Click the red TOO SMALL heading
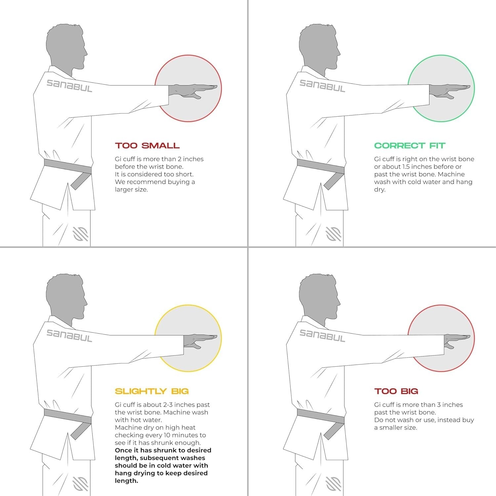147,145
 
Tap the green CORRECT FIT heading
409,145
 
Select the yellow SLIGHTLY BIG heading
151,391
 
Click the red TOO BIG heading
396,391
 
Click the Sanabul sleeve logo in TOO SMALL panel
69,86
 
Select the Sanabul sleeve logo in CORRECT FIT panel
322,86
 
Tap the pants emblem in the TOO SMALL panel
81,234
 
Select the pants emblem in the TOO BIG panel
334,484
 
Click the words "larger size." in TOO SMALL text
131,190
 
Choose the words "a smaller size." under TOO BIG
396,428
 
